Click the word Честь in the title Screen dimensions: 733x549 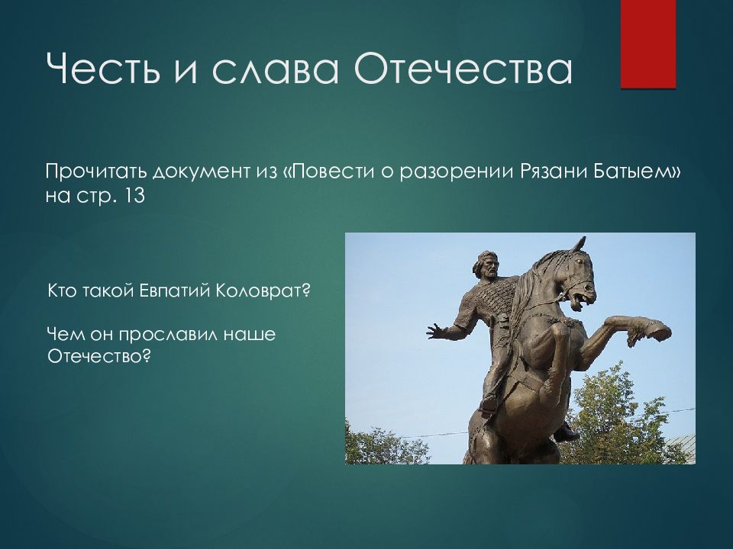pyautogui.click(x=102, y=69)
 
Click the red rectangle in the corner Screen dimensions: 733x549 pyautogui.click(x=648, y=44)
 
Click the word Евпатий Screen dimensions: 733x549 pyautogui.click(x=175, y=291)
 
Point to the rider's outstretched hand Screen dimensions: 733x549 pyautogui.click(x=437, y=331)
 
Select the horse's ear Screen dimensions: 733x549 pyautogui.click(x=580, y=244)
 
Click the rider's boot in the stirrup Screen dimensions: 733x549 pyautogui.click(x=489, y=404)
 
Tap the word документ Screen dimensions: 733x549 pyautogui.click(x=202, y=172)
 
